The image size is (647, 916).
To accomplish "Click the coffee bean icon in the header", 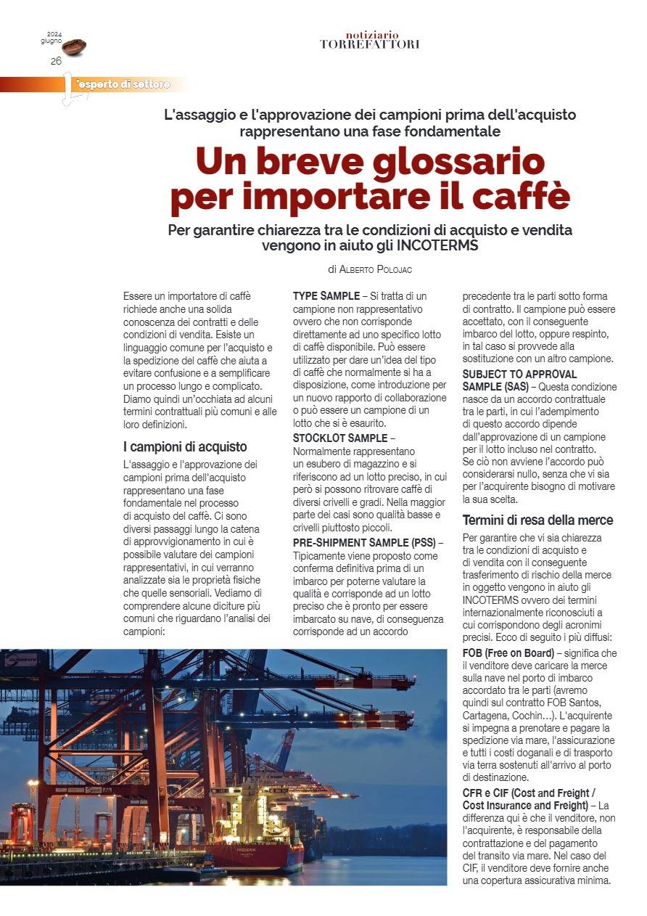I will (x=74, y=48).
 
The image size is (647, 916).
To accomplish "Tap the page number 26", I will (x=56, y=61).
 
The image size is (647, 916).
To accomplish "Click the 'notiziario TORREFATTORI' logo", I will (x=370, y=40).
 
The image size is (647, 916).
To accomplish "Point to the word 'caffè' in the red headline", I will (x=520, y=197).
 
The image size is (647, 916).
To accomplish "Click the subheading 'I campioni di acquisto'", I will (x=185, y=446).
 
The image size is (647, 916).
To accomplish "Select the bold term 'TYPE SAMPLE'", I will (x=326, y=296).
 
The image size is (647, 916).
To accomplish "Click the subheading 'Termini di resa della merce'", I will (x=537, y=520).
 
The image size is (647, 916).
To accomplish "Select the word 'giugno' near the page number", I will (x=51, y=41).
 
